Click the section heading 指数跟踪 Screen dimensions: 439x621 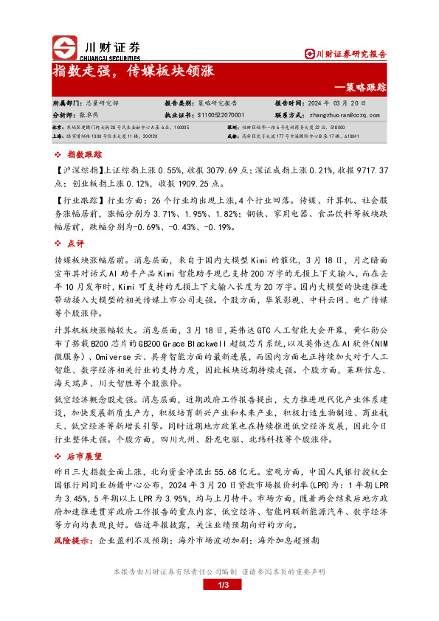click(82, 155)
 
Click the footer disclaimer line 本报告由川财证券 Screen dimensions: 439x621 click(219, 572)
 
